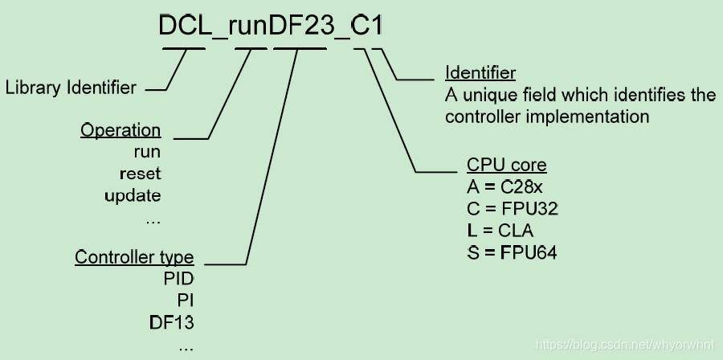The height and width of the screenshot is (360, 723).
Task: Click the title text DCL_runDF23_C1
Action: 270,27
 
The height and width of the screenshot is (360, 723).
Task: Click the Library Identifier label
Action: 71,88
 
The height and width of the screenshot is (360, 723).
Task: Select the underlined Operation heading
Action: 120,130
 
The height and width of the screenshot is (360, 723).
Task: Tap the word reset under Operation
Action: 140,173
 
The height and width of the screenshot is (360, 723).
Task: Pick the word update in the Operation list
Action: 133,194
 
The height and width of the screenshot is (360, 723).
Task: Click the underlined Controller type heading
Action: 134,257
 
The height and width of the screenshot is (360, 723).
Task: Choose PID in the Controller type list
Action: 178,279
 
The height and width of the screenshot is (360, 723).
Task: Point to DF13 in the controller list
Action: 172,322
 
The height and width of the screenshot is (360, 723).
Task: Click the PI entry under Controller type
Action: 186,301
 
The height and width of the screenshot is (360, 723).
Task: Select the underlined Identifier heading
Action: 480,74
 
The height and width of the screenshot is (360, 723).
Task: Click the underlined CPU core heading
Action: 506,166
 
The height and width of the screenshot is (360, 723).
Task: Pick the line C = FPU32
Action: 512,209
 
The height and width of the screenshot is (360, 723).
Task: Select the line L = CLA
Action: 500,231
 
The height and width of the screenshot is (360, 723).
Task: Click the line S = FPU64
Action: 512,252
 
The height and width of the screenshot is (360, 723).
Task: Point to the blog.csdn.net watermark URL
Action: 625,345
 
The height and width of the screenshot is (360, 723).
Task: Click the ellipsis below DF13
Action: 186,347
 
